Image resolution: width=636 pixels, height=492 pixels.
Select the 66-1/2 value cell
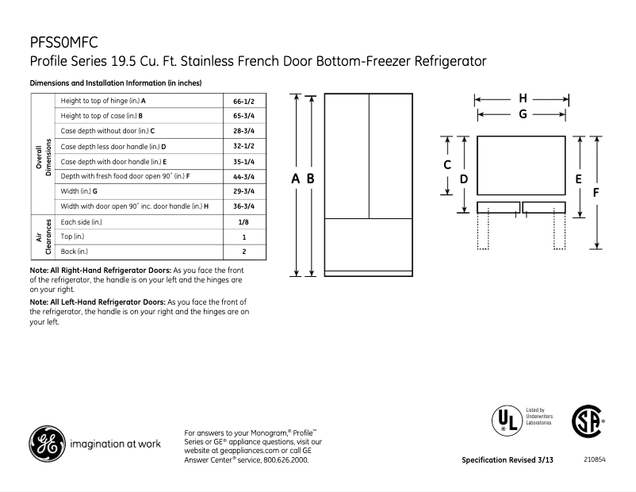243,102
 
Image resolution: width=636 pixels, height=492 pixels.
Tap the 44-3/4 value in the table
243,176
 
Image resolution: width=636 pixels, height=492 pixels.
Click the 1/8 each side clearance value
243,222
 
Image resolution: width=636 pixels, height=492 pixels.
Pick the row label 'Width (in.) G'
79,191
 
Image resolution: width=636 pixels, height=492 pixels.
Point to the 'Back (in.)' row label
75,252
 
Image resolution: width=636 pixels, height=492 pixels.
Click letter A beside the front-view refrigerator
295,179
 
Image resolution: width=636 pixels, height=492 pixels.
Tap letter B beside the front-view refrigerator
311,179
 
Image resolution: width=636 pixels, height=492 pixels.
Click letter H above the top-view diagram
523,98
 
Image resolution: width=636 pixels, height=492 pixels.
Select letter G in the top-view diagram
523,114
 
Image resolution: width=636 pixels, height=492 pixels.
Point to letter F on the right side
596,191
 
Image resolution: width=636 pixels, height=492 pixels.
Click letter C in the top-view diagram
447,165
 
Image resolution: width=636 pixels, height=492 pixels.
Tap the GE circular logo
47,444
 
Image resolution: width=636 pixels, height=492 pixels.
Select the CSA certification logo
588,421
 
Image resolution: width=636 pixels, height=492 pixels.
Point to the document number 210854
594,459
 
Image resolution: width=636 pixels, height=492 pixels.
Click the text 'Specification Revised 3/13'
508,460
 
